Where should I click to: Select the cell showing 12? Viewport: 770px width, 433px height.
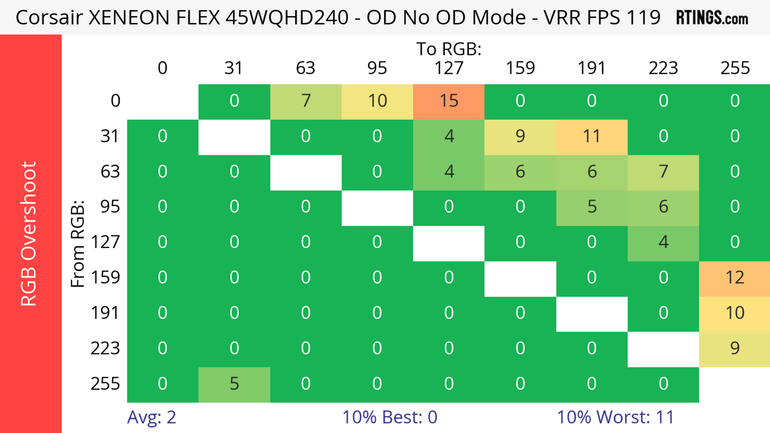pos(735,278)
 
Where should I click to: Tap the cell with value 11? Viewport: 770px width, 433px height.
pos(592,136)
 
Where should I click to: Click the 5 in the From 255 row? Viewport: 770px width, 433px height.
pos(234,384)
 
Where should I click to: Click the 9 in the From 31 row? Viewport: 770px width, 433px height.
pos(520,136)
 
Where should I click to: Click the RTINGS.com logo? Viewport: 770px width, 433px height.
pos(712,18)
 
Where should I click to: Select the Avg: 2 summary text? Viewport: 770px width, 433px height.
pos(152,417)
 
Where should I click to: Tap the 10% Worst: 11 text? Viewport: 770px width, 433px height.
pos(615,417)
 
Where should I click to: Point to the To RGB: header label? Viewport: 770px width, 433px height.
pos(449,49)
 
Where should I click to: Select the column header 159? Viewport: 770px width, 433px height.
pos(520,68)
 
